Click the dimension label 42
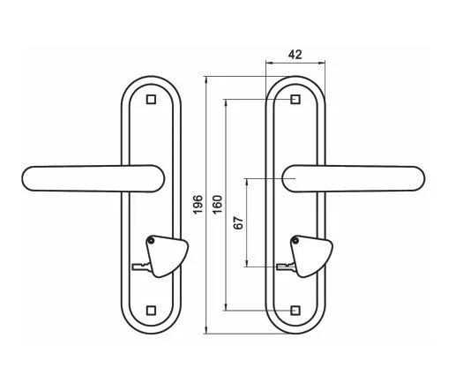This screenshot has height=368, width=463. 295,55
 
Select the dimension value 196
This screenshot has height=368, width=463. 198,204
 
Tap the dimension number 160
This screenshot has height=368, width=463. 217,205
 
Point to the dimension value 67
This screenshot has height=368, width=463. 239,223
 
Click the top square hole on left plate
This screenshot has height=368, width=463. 151,100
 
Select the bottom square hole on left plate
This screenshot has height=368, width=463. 151,311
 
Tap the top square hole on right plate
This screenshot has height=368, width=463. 295,100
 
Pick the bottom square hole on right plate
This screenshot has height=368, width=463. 295,311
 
